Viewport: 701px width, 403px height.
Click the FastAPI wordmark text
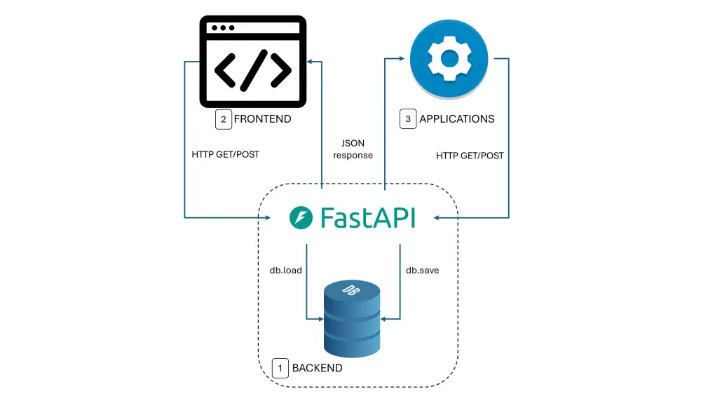click(367, 217)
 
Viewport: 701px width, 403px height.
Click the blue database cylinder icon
click(352, 319)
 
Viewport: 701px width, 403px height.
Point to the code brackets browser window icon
click(252, 62)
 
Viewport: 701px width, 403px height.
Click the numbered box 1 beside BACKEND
click(280, 368)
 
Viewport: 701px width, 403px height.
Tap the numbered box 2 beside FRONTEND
click(223, 119)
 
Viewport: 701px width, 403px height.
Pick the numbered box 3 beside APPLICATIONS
click(408, 119)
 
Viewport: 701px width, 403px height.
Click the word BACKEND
click(318, 368)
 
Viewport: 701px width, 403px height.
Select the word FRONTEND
click(262, 119)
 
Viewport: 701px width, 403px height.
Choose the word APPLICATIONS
click(456, 119)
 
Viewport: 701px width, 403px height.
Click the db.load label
click(285, 270)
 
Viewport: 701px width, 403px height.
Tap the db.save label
click(423, 270)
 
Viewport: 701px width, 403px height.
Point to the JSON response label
click(353, 149)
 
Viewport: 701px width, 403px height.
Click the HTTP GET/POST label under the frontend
click(225, 154)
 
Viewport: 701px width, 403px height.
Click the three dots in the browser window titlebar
click(223, 28)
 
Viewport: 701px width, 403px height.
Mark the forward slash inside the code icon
click(252, 68)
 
